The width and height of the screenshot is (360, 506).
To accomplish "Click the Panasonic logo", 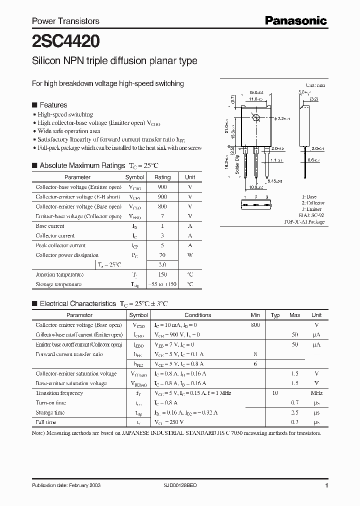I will coord(295,20).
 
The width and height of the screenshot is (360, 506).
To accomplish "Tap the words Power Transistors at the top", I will coord(65,21).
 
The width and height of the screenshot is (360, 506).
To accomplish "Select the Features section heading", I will coord(53,105).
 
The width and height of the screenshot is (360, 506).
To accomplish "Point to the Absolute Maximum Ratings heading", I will coord(82,165).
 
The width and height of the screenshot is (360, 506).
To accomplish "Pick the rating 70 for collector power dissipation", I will coord(162,255).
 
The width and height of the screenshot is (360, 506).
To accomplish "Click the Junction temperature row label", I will coord(59,274).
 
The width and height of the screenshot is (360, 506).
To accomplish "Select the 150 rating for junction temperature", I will coord(162,274).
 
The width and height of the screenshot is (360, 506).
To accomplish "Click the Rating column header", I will coord(162,177).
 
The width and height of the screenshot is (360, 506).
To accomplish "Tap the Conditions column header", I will coord(197,315).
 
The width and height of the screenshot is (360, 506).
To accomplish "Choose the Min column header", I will coord(255,315).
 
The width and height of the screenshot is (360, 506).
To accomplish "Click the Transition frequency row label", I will coord(59,393).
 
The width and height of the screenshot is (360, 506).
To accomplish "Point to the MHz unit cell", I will coord(316,393).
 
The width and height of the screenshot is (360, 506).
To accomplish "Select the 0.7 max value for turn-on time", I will coord(295,402).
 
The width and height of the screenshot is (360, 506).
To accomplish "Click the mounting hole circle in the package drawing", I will coord(256,118).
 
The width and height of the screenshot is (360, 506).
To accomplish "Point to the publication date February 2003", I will coord(60,485).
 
